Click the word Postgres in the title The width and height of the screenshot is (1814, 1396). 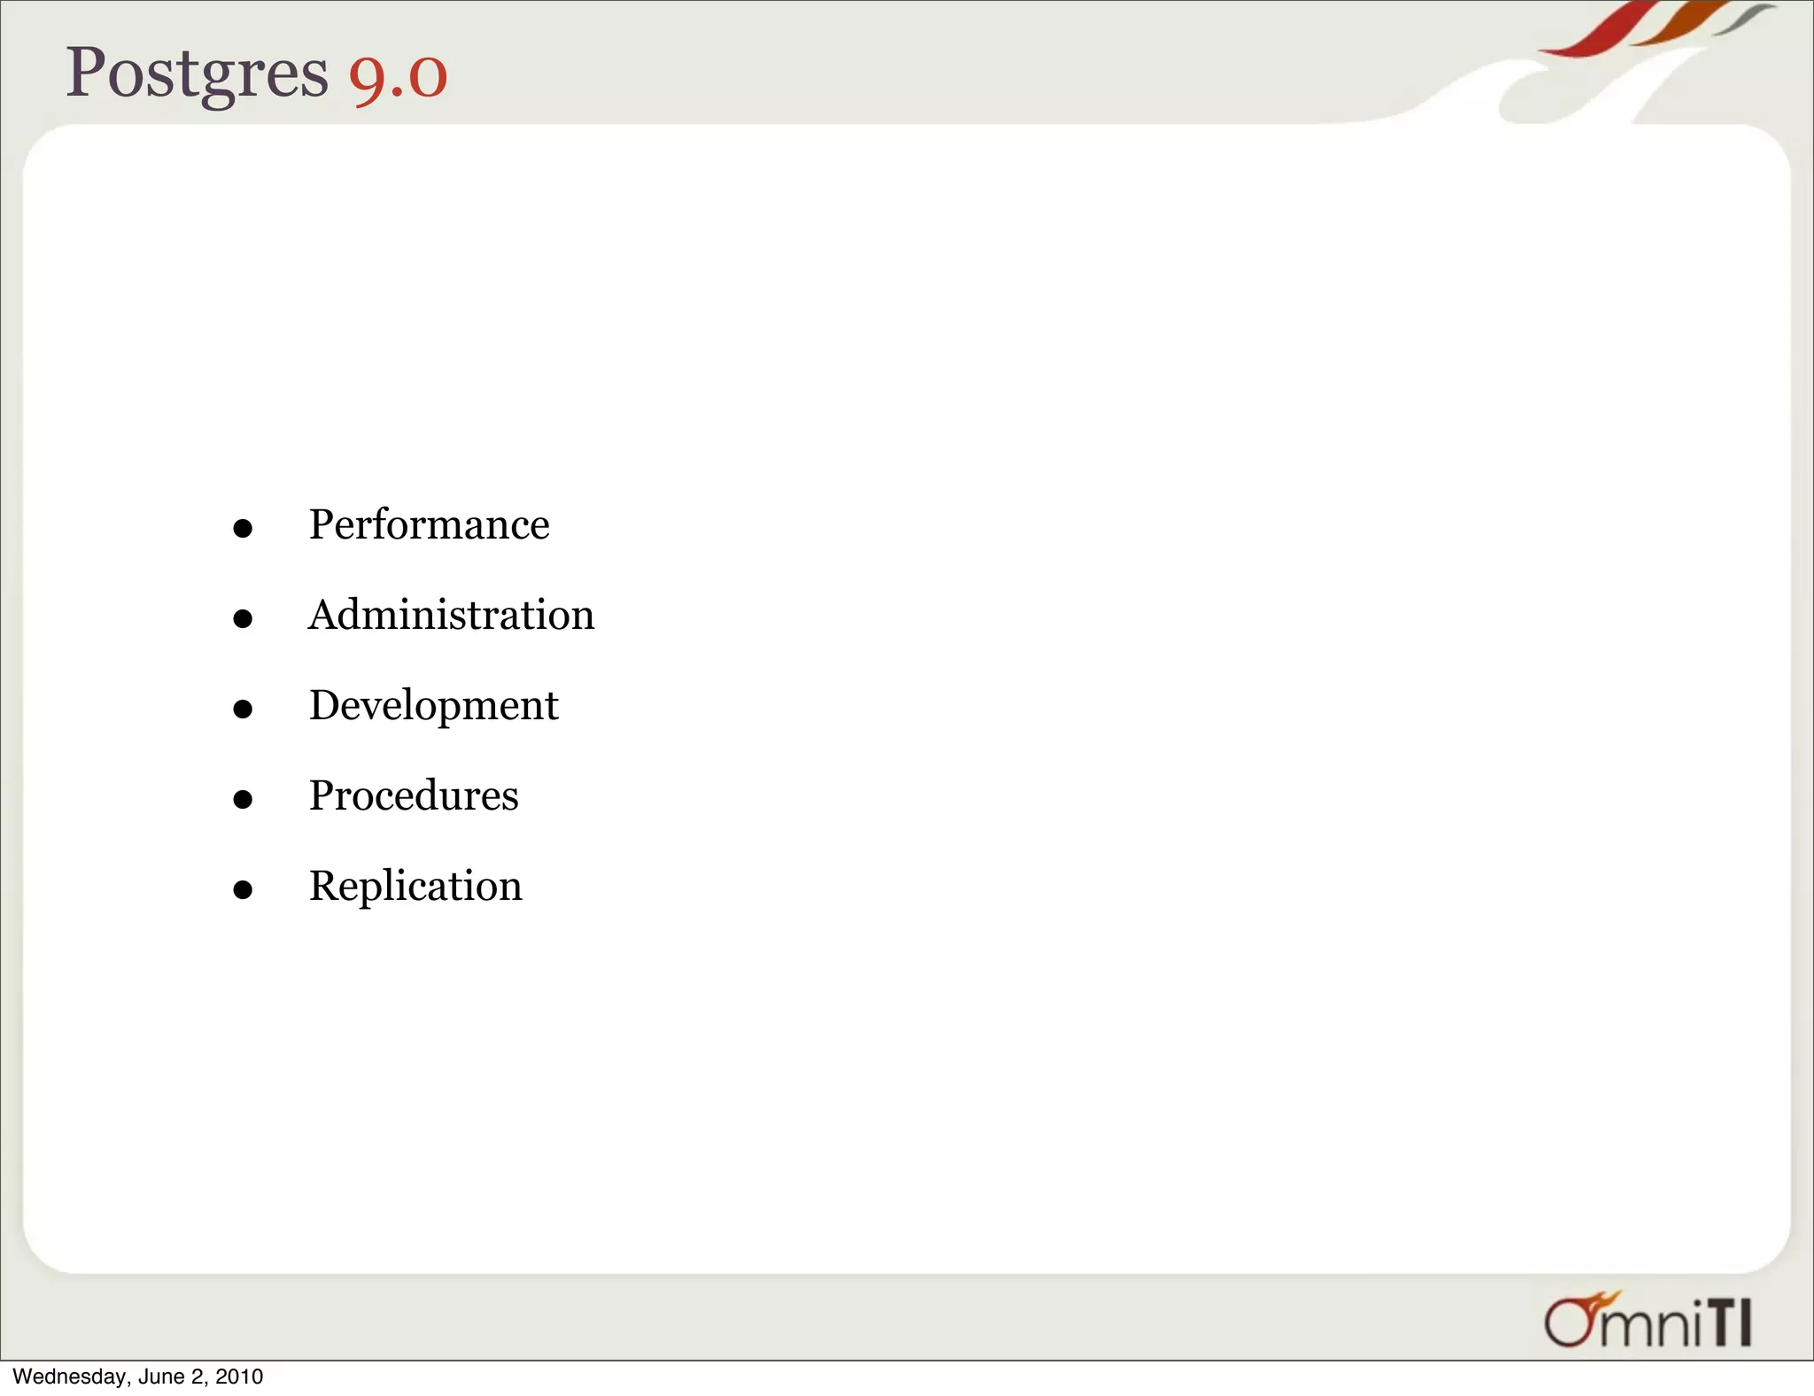pyautogui.click(x=197, y=73)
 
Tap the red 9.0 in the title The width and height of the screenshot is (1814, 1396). pyautogui.click(x=398, y=76)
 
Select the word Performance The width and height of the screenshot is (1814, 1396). pyautogui.click(x=429, y=524)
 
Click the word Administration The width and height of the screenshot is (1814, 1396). pyautogui.click(x=451, y=615)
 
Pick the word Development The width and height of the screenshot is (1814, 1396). pyautogui.click(x=433, y=706)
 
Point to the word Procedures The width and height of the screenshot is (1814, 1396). pyautogui.click(x=414, y=795)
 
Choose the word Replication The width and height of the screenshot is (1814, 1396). pyautogui.click(x=415, y=886)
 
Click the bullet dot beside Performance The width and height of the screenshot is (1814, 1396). pyautogui.click(x=243, y=529)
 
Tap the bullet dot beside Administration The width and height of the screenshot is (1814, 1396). pyautogui.click(x=243, y=618)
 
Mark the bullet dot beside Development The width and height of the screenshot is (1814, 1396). pyautogui.click(x=243, y=709)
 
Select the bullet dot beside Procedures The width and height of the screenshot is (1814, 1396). pyautogui.click(x=243, y=799)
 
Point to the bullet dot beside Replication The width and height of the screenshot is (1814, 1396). pyautogui.click(x=243, y=889)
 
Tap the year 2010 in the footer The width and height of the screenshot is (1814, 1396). pyautogui.click(x=239, y=1377)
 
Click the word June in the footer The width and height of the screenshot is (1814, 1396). pyautogui.click(x=160, y=1377)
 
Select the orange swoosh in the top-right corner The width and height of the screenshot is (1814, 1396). pyautogui.click(x=1678, y=24)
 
